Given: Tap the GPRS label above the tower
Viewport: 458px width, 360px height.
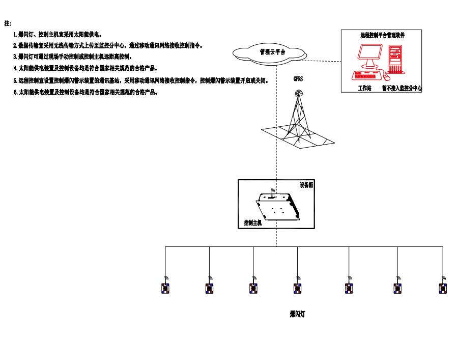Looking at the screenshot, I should pyautogui.click(x=298, y=79).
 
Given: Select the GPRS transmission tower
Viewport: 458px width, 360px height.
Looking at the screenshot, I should pyautogui.click(x=298, y=120).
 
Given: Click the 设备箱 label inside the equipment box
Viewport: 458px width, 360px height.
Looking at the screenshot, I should pyautogui.click(x=306, y=185).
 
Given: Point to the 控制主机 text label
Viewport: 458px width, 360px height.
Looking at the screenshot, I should pyautogui.click(x=252, y=223).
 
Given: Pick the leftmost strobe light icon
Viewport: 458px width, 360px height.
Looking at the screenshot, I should pyautogui.click(x=165, y=287).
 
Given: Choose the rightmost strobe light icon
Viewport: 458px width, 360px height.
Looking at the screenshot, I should pyautogui.click(x=442, y=287).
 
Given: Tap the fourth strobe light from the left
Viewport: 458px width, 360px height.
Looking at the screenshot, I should pyautogui.click(x=298, y=287).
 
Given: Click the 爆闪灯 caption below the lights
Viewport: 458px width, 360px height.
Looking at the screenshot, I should pyautogui.click(x=297, y=315).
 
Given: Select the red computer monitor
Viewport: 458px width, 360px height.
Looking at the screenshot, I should pyautogui.click(x=370, y=57).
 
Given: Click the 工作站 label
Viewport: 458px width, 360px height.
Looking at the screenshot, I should pyautogui.click(x=364, y=88).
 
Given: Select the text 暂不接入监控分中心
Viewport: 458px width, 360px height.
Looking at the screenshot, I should pyautogui.click(x=403, y=88).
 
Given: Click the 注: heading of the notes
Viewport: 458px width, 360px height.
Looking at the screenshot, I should pyautogui.click(x=8, y=23).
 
